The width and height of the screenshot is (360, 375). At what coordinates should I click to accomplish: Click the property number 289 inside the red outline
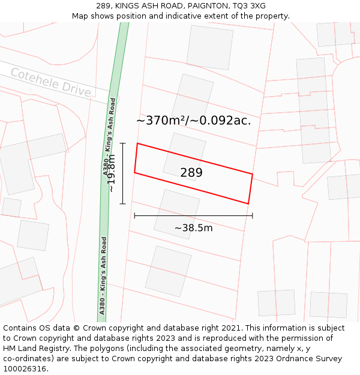click(191, 173)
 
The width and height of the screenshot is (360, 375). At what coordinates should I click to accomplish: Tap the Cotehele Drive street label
click(51, 82)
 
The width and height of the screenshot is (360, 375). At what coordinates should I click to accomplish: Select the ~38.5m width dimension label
click(193, 228)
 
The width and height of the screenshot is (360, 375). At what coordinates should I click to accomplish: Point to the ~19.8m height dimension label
click(111, 173)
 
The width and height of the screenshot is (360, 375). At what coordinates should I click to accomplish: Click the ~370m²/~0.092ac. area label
click(193, 121)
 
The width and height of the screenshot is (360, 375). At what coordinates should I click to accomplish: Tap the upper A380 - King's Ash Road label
click(109, 137)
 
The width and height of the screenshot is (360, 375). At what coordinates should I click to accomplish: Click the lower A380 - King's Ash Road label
click(103, 275)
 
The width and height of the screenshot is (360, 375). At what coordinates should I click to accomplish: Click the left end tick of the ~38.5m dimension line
click(134, 215)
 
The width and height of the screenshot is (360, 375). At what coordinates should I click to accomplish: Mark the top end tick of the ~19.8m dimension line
click(123, 143)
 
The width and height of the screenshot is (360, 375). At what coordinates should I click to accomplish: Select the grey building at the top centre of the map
click(209, 47)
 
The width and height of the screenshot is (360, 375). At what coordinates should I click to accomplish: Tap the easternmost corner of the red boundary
click(252, 175)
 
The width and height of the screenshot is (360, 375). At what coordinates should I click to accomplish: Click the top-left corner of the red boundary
click(137, 143)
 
